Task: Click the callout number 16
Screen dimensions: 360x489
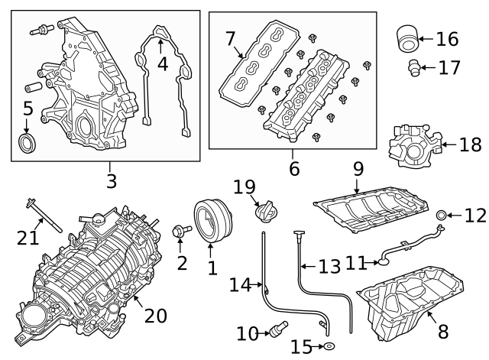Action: click(x=448, y=37)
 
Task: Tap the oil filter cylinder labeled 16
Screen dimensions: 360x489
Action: click(x=408, y=38)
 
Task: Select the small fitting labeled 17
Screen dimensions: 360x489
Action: click(x=413, y=67)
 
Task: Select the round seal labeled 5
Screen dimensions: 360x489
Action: click(x=28, y=142)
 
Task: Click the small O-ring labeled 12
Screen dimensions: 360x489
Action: click(x=442, y=216)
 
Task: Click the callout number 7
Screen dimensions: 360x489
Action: click(x=230, y=38)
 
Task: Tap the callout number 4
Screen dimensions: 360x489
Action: click(x=162, y=63)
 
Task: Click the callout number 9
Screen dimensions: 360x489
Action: click(x=358, y=166)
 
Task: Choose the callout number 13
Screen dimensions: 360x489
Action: click(x=329, y=266)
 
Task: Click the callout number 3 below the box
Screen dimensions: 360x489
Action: click(x=111, y=181)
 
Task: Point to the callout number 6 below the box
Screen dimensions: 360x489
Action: click(x=294, y=167)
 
